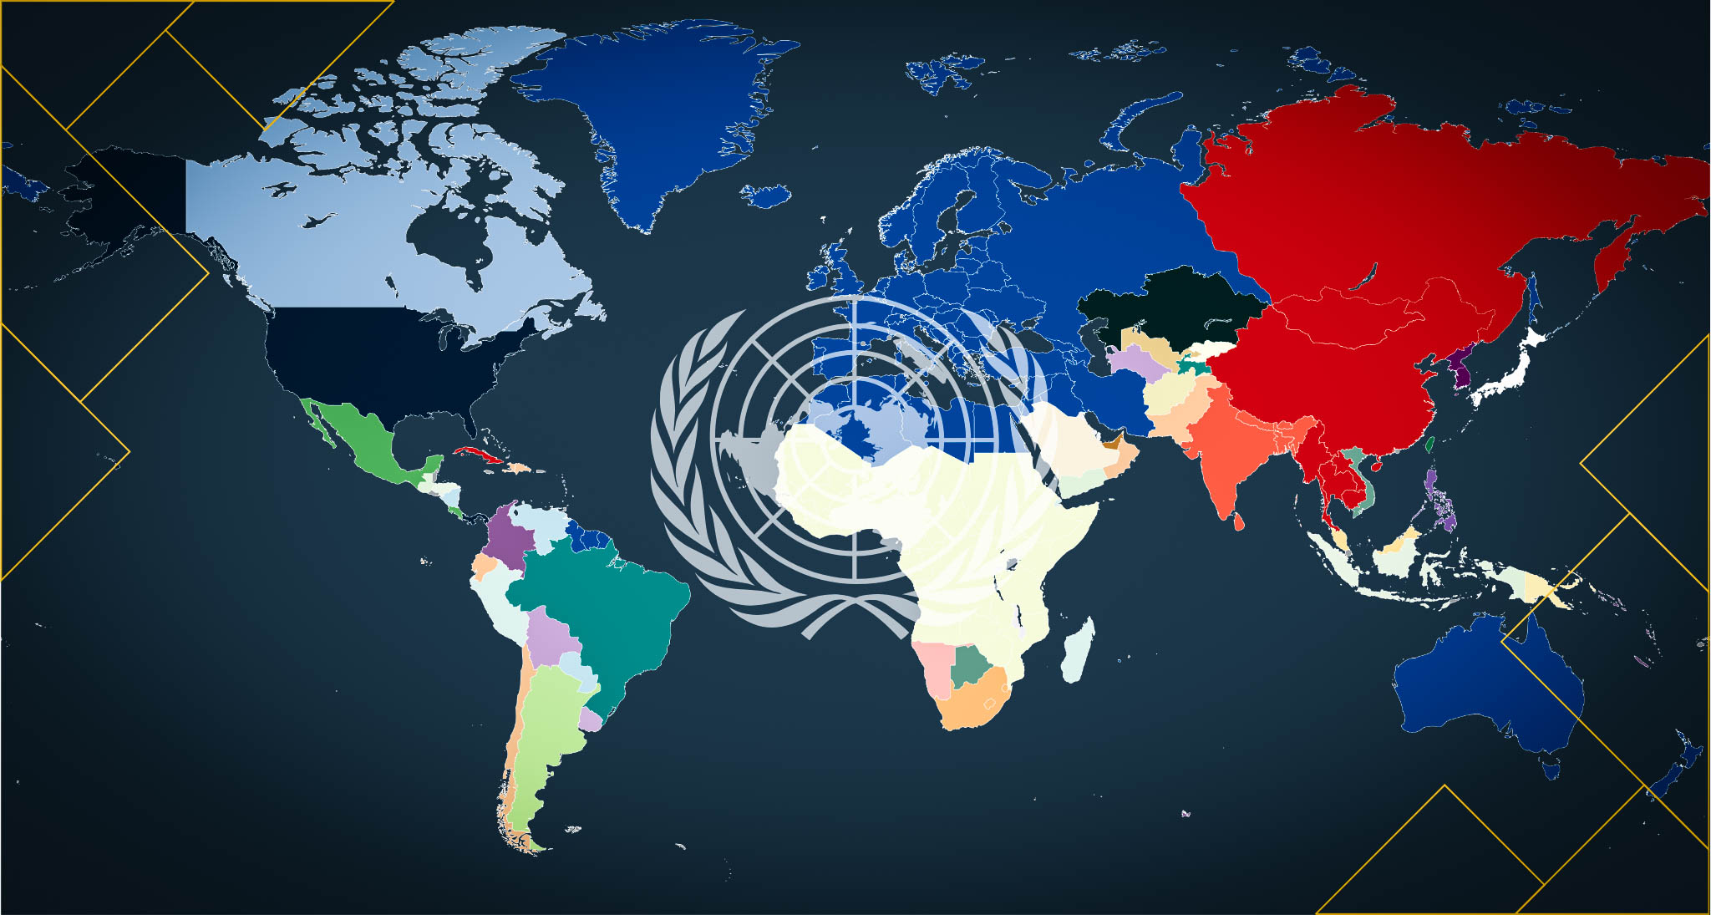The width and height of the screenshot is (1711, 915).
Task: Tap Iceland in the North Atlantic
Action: click(766, 196)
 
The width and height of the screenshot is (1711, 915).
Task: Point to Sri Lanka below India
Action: click(1239, 521)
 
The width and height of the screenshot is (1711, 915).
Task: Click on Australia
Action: click(1487, 685)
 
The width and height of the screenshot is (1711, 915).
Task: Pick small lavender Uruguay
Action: click(590, 719)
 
